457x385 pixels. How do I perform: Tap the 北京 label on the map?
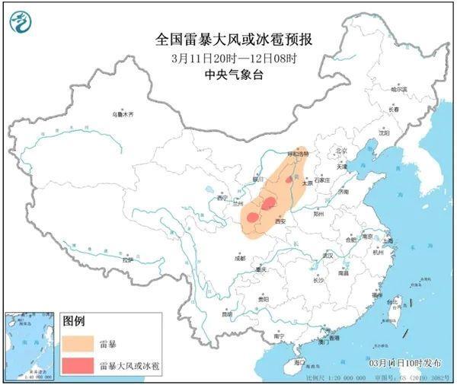[x=341, y=151]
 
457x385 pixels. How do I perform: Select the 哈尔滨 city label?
[x=401, y=90]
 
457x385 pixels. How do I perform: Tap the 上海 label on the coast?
[x=388, y=240]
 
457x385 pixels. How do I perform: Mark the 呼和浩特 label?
[x=299, y=154]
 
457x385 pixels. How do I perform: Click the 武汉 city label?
[x=329, y=256]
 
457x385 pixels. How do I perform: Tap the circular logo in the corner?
[x=20, y=25]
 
